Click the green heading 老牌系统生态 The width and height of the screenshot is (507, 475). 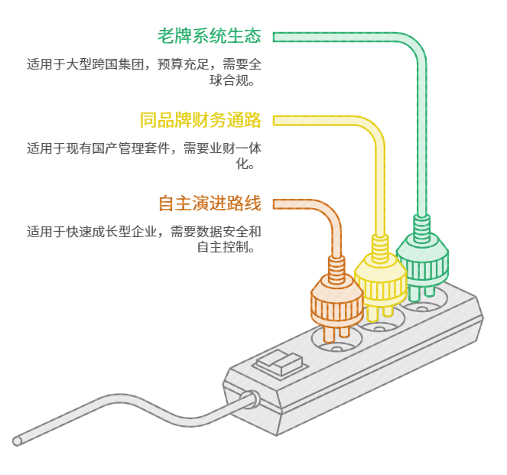[x=210, y=36]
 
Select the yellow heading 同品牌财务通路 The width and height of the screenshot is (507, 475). [x=200, y=120]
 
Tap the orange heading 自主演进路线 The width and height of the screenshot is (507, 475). [x=210, y=203]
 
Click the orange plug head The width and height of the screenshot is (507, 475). [x=337, y=301]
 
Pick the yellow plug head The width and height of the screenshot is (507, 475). [x=381, y=281]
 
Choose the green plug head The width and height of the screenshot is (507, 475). [x=422, y=259]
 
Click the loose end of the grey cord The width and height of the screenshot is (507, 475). [x=18, y=441]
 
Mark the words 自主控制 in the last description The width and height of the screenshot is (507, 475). [x=223, y=247]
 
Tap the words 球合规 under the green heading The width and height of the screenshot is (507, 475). [x=229, y=80]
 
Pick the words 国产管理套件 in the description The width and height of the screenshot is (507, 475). [x=132, y=148]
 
